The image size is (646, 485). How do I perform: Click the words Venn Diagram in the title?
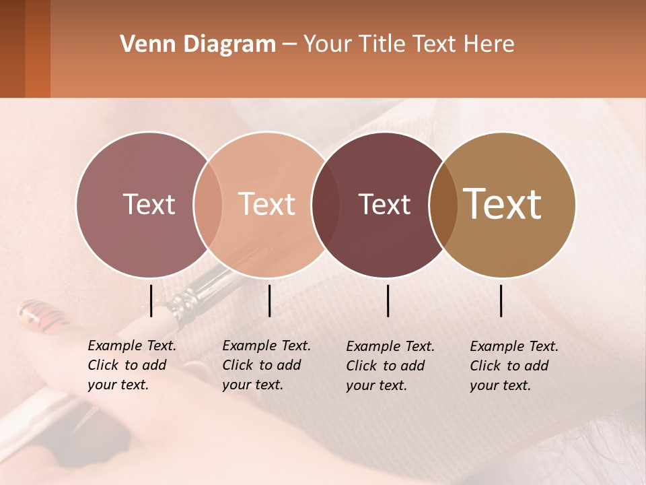(x=198, y=44)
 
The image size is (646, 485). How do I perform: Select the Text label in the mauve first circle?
(x=149, y=204)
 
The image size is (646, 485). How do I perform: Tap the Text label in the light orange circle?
(x=267, y=204)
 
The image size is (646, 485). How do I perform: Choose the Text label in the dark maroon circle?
(x=384, y=204)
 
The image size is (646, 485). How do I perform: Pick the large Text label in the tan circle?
(x=503, y=204)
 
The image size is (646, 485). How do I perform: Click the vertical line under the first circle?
(x=151, y=300)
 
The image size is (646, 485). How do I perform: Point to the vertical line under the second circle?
(x=269, y=300)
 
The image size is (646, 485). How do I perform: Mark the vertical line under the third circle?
(x=388, y=300)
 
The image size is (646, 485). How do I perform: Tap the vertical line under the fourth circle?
(x=501, y=300)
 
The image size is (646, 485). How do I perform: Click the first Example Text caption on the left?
(x=132, y=365)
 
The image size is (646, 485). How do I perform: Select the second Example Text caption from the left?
(x=266, y=365)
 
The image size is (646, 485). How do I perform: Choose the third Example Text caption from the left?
(x=390, y=366)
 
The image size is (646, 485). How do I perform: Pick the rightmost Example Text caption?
(x=514, y=366)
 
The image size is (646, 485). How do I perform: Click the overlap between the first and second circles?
(x=208, y=205)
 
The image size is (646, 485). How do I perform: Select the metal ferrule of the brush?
(x=192, y=296)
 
